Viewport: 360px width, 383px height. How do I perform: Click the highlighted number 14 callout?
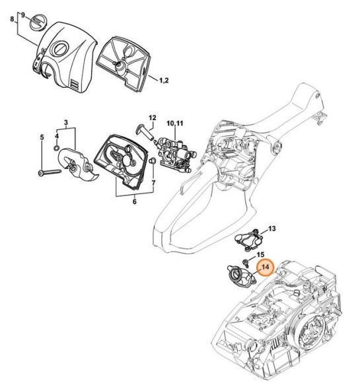(266, 267)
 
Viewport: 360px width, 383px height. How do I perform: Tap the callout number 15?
(260, 255)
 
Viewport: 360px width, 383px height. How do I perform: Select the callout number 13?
(271, 229)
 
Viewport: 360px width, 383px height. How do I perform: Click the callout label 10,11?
(175, 123)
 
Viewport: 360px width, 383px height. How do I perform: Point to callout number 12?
(152, 119)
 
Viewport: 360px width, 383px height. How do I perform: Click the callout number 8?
(11, 20)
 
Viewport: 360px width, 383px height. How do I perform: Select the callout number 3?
(66, 123)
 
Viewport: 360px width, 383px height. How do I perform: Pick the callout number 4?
(57, 135)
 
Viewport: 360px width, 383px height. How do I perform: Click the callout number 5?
(42, 137)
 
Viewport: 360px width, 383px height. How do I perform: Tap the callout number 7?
(154, 181)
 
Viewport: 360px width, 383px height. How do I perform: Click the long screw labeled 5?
(50, 172)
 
